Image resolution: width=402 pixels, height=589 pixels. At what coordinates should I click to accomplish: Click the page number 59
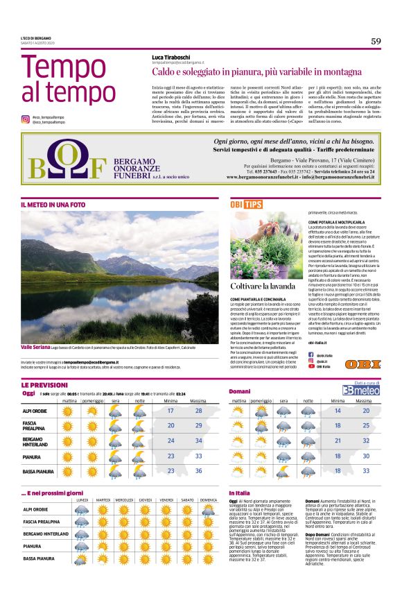tap(375, 41)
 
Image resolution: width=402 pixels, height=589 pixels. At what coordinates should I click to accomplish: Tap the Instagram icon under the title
tap(25, 119)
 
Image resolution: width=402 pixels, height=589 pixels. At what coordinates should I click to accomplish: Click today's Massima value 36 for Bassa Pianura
tap(198, 470)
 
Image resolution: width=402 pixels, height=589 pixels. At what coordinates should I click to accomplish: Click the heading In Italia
tap(240, 493)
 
